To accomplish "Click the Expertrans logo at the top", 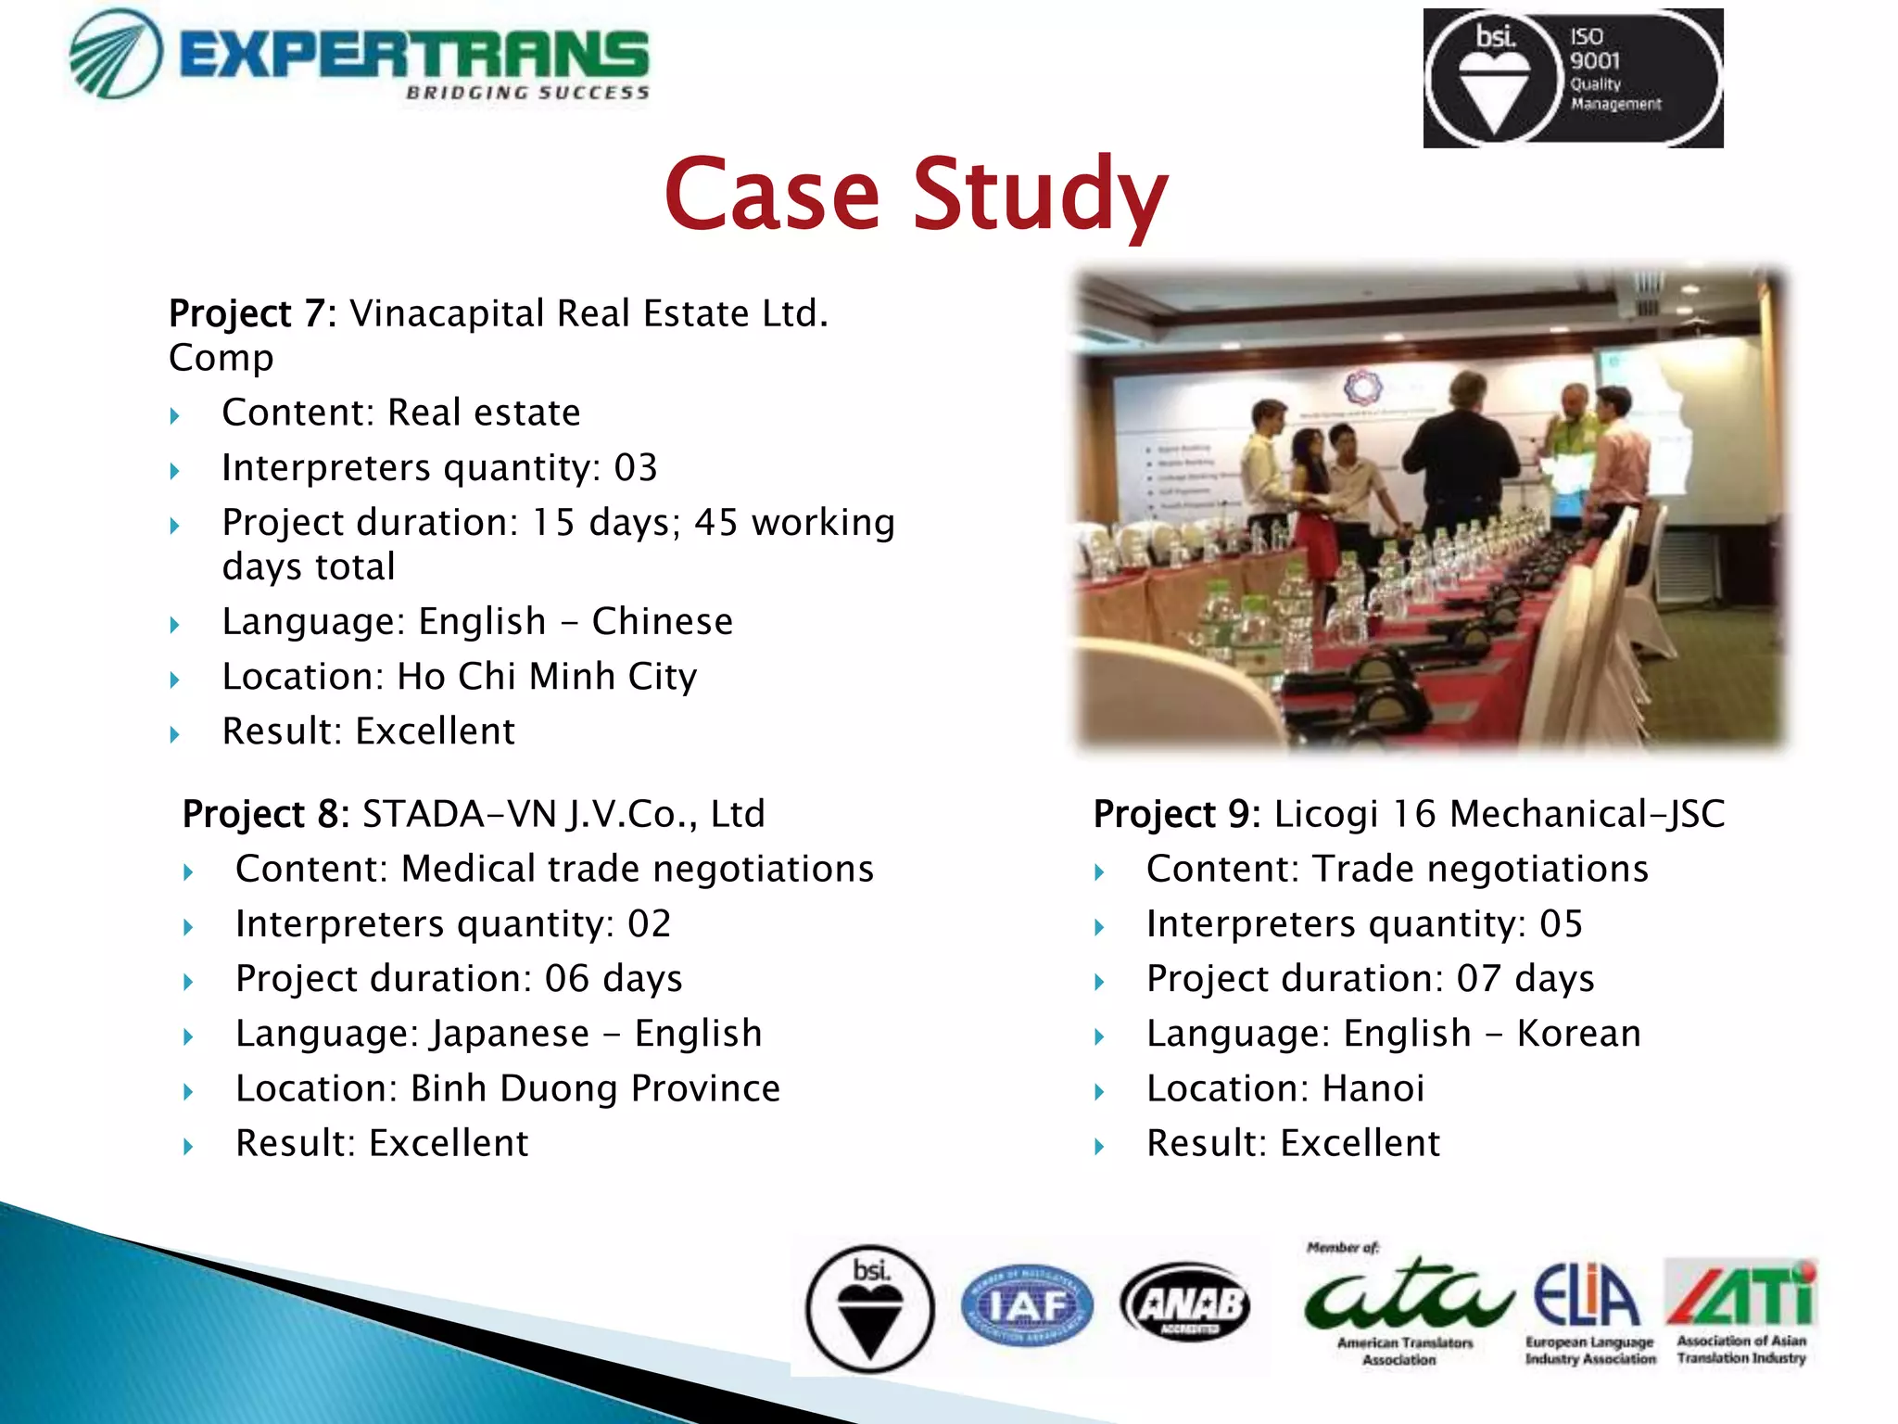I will (360, 56).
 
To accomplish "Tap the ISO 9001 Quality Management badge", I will (1573, 78).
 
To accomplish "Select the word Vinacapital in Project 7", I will (447, 313).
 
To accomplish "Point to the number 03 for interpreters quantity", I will (636, 467).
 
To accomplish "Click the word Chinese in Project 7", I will (663, 621).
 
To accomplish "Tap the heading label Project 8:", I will (265, 814).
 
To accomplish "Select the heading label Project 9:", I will (1176, 814).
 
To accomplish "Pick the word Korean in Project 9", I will (1578, 1034).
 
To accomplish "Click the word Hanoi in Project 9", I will (1373, 1088).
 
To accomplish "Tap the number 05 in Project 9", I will (1561, 924).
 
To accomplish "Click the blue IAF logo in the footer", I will (1027, 1305).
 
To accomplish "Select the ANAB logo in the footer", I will (1186, 1304).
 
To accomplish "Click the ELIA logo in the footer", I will (1587, 1298).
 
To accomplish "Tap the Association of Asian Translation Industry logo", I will (1740, 1298).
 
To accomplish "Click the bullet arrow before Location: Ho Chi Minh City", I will (175, 680).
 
